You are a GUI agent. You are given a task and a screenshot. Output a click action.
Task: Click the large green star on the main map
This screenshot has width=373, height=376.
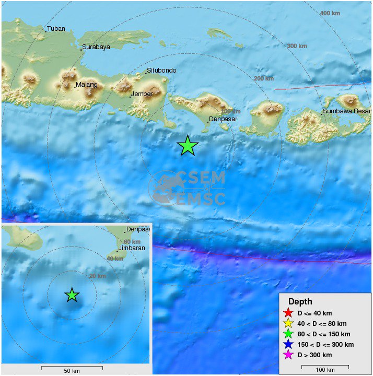click(188, 146)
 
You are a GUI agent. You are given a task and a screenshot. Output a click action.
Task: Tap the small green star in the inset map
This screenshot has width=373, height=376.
click(72, 295)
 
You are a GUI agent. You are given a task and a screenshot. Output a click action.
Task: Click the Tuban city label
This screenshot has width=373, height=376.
click(56, 29)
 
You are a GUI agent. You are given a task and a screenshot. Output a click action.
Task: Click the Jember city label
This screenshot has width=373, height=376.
click(142, 94)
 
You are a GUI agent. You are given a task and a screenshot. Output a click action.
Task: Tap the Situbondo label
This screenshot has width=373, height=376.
click(161, 70)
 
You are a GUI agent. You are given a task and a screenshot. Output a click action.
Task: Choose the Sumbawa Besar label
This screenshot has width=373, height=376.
click(346, 111)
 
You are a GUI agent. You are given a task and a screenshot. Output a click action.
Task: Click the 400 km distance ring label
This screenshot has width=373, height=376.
click(330, 13)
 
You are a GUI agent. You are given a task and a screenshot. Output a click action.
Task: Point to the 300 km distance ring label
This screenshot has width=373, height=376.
click(297, 46)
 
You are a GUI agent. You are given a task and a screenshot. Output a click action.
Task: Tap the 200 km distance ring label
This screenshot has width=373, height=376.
click(263, 78)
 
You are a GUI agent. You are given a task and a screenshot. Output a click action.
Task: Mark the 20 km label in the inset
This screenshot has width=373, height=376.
click(97, 276)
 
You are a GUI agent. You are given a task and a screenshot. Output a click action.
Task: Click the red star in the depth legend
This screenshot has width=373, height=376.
click(287, 313)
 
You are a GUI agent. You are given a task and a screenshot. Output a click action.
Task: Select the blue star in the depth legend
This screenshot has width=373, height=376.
click(287, 345)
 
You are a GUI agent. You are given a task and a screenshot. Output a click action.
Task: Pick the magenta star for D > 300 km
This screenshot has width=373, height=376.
click(287, 355)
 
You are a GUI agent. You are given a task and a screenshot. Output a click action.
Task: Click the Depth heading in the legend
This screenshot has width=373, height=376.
click(300, 301)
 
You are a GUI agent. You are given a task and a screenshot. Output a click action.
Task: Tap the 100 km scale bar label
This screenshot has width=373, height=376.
click(325, 370)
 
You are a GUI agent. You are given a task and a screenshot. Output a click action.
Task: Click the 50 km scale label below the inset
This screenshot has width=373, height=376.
click(72, 371)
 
